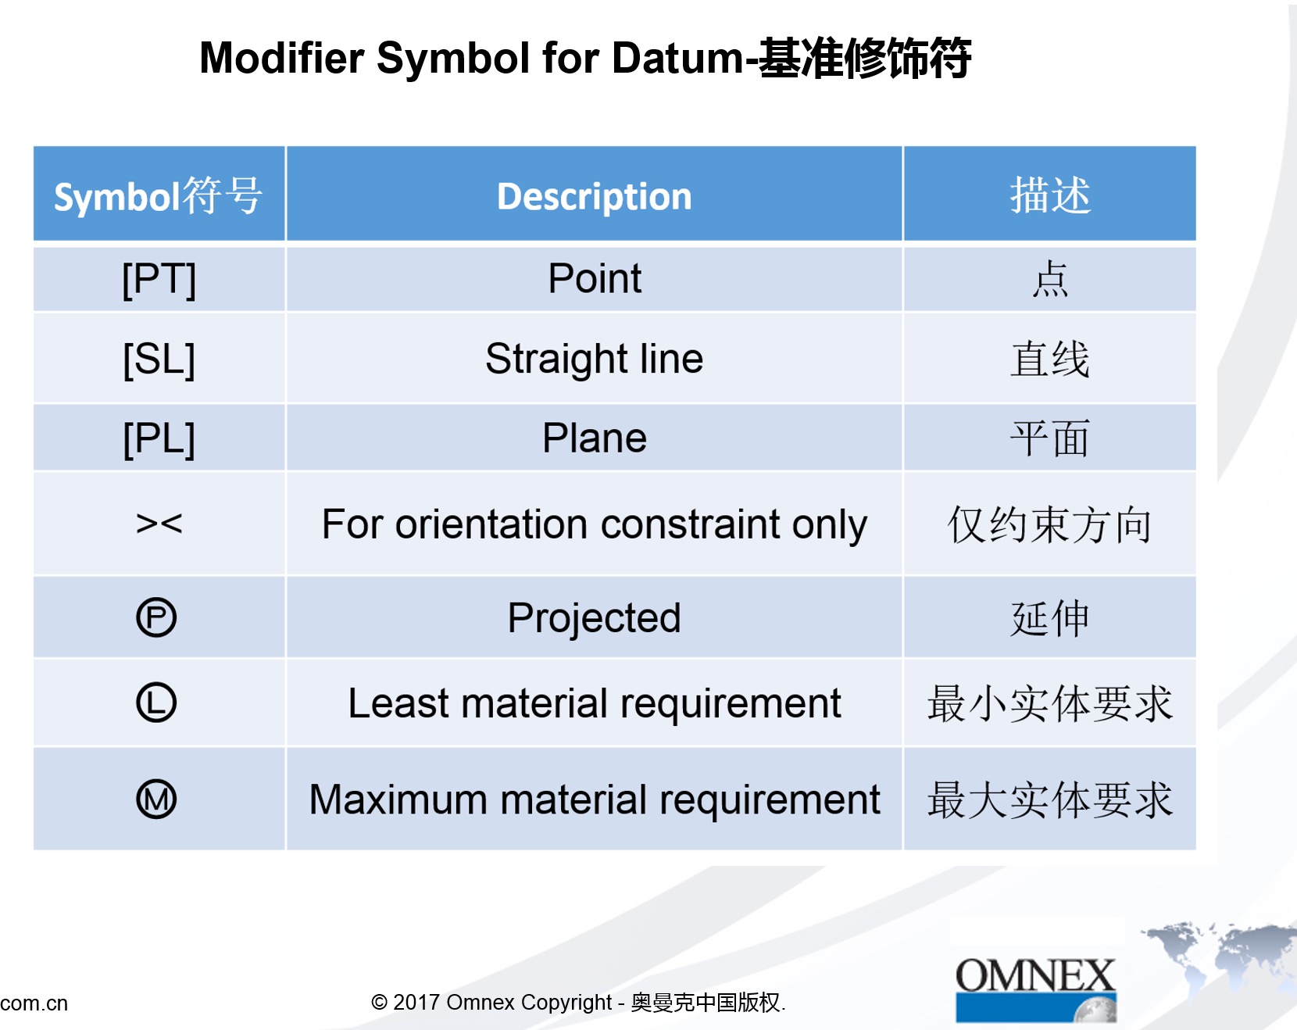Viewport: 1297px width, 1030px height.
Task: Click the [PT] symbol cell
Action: tap(159, 279)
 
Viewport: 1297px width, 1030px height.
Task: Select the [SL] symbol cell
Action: tap(159, 359)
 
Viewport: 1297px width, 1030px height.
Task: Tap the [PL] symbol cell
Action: tap(159, 438)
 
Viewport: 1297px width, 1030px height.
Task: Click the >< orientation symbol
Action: tap(159, 523)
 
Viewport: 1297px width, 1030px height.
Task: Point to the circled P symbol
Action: tap(156, 617)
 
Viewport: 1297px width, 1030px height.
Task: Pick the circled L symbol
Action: tap(156, 702)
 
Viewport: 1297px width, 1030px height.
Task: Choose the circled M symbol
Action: tap(156, 799)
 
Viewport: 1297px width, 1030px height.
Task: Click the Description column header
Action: tap(594, 196)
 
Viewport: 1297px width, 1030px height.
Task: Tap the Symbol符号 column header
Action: tap(158, 195)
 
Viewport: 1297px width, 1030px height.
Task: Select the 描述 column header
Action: tap(1049, 195)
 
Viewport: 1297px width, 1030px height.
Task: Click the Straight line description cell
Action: tap(594, 359)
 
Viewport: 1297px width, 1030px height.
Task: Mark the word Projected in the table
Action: tap(594, 618)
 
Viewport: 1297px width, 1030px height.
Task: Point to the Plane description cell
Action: tap(594, 438)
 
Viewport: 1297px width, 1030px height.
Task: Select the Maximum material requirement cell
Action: tap(594, 799)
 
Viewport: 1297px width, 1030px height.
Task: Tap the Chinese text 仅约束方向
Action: tap(1049, 524)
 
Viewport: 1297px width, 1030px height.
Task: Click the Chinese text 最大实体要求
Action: tap(1049, 800)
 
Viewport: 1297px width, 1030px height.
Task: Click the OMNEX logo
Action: tap(1035, 989)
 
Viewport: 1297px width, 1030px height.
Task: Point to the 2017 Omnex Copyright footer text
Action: tap(578, 1002)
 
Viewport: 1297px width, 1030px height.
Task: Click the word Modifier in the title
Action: tap(282, 58)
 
